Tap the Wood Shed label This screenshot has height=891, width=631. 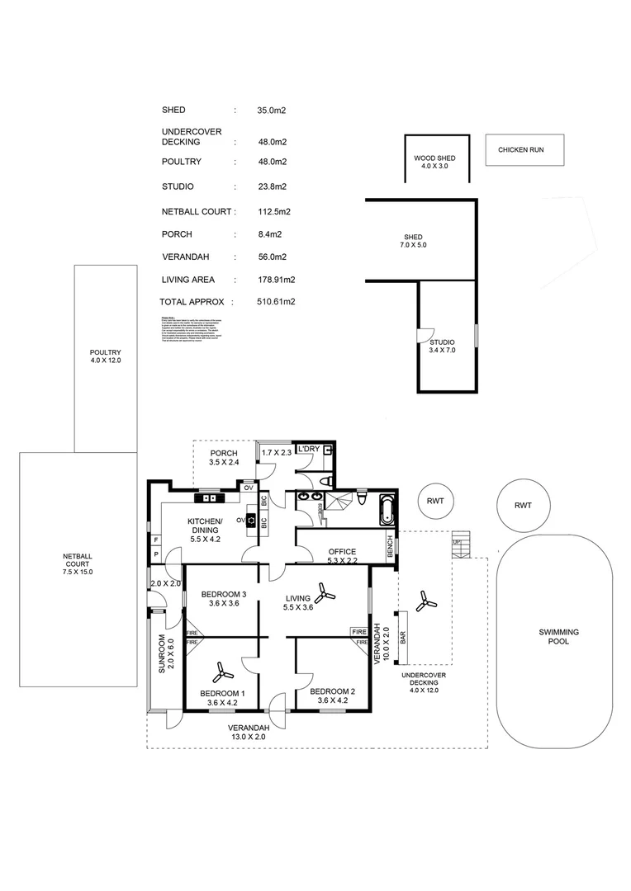(x=434, y=162)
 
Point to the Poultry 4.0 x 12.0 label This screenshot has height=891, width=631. (x=106, y=356)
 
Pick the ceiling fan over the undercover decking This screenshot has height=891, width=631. (x=426, y=601)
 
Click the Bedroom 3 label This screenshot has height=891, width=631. (x=223, y=598)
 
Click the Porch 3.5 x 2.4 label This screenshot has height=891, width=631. (x=225, y=458)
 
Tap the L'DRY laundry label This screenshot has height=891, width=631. (x=309, y=449)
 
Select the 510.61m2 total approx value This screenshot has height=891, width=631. (x=276, y=302)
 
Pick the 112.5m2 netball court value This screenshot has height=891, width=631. (x=274, y=212)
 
